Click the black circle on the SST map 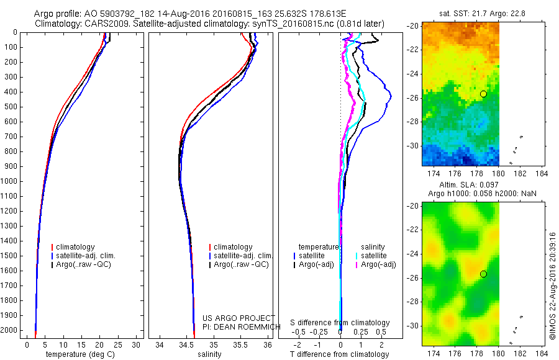click(x=483, y=94)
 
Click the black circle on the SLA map click(x=483, y=274)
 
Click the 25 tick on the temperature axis click(x=118, y=344)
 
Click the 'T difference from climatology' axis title click(x=340, y=354)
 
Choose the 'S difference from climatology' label click(x=340, y=323)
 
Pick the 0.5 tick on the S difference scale click(x=381, y=332)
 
